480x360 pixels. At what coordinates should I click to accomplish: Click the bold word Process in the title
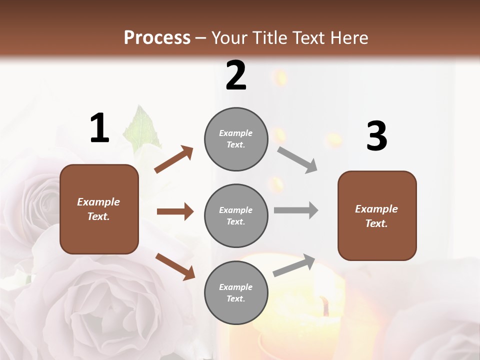point(157,37)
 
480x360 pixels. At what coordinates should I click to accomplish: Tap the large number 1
point(99,128)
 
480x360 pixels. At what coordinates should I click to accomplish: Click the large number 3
point(376,136)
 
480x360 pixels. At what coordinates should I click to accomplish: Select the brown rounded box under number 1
point(99,209)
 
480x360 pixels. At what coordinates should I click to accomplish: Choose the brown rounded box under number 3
point(377,215)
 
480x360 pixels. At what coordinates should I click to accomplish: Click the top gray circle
point(236,139)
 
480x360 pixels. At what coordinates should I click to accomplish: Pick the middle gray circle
point(236,215)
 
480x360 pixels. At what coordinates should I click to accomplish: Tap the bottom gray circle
point(236,292)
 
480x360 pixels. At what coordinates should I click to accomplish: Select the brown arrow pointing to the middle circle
point(175,211)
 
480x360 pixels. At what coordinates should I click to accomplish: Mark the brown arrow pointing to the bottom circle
point(175,266)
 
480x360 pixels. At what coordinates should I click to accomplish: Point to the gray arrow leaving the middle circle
point(296,210)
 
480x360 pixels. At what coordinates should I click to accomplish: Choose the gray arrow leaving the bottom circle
point(294,265)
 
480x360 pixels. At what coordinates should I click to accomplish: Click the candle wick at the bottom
point(325,305)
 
